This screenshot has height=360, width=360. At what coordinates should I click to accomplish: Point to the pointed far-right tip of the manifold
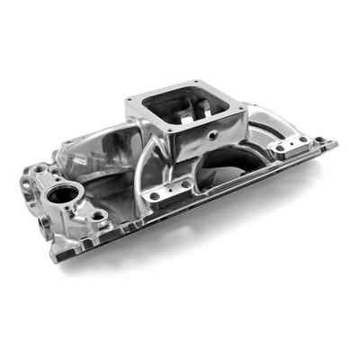[x=337, y=141]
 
